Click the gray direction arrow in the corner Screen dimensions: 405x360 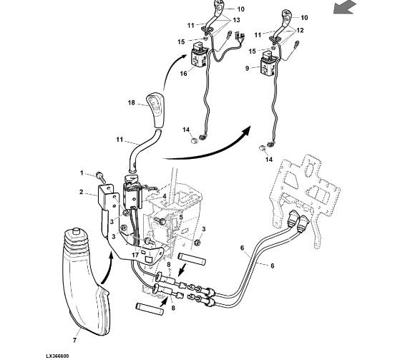point(344,6)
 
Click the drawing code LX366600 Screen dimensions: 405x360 point(57,356)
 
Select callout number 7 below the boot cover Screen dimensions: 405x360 point(74,341)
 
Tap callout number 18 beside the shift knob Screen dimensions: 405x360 point(132,102)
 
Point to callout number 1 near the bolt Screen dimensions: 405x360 point(82,172)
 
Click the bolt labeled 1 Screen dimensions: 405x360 point(100,177)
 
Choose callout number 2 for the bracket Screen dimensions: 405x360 point(82,192)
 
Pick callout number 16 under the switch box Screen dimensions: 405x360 point(183,74)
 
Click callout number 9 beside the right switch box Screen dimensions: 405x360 point(247,68)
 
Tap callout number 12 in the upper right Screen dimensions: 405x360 point(300,30)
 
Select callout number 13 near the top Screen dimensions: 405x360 point(236,20)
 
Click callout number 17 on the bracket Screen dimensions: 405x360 point(135,256)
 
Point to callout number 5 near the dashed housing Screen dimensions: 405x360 point(181,217)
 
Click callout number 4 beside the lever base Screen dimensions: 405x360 point(164,196)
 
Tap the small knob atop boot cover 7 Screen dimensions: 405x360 point(76,231)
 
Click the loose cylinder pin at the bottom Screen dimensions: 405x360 point(150,309)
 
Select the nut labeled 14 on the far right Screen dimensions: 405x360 point(263,148)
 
